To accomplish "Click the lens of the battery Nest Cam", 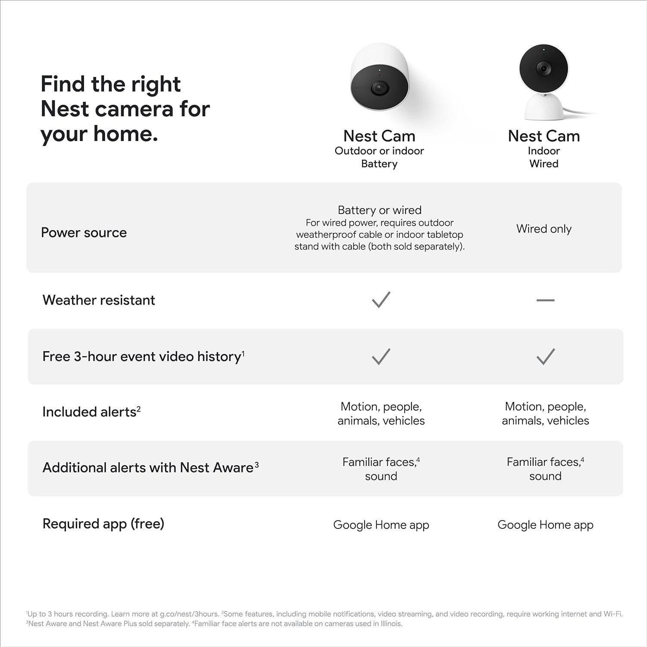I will coord(378,88).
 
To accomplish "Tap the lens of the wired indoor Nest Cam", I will coord(543,68).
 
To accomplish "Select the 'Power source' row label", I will coord(84,232).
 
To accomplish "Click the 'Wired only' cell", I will coord(543,229).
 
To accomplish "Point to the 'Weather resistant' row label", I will coord(99,300).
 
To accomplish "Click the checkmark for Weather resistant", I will coord(381,300).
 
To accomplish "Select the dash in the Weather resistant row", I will coord(545,300).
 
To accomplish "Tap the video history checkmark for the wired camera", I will coord(545,357).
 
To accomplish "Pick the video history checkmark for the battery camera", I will coord(381,357).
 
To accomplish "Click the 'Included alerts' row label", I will coord(89,412).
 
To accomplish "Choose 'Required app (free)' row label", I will coord(103,524).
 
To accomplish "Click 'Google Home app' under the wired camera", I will coord(545,525).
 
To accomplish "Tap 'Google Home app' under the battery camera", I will coord(381,525).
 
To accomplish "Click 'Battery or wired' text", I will coord(380,210).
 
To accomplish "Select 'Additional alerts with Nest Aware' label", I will coord(148,468).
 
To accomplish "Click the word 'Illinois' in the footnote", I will coord(389,624).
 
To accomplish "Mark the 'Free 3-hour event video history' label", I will coord(141,356).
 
